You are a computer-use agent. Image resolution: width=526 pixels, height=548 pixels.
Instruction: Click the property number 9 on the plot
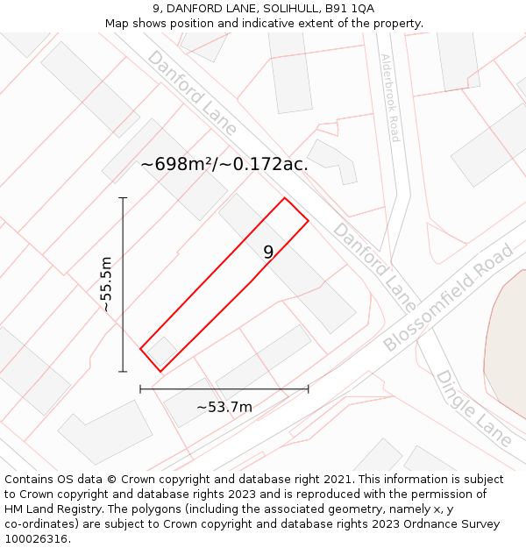point(268,253)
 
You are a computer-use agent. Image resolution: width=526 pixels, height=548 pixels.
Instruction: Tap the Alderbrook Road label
point(389,97)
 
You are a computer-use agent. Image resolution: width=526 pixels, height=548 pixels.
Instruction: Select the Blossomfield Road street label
point(448,299)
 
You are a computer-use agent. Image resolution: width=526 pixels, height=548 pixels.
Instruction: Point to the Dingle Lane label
point(473,408)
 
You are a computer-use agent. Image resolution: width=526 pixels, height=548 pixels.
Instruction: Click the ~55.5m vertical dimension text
point(106,285)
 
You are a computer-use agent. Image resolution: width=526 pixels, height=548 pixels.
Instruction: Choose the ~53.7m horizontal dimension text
point(224,407)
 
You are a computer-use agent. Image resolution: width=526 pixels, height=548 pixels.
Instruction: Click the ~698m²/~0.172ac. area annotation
point(224,164)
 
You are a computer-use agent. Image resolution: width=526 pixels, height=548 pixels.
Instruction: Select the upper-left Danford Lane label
point(192,93)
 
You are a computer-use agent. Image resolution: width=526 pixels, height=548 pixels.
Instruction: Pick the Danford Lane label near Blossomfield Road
point(375,267)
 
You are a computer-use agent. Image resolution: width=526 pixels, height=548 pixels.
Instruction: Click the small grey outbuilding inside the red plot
point(161,352)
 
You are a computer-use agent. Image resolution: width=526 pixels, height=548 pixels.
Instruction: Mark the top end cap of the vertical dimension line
point(123,198)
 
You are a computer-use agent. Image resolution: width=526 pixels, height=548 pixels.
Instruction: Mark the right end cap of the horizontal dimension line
point(308,388)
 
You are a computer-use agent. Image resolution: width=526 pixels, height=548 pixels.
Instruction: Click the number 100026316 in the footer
point(37,538)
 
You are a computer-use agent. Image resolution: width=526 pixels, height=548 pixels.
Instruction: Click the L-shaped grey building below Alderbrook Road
point(333,161)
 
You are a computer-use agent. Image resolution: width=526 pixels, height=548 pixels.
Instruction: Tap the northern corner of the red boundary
point(284,198)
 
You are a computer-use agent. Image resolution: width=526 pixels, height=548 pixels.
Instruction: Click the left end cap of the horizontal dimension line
point(140,388)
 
